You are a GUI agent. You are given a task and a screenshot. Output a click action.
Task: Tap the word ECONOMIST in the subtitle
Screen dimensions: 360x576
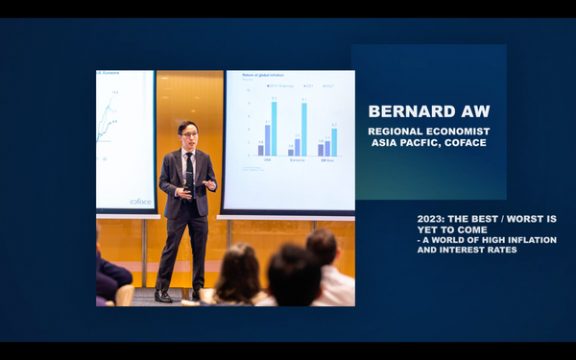(459, 131)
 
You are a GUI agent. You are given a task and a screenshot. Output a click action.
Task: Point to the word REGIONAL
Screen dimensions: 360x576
(396, 131)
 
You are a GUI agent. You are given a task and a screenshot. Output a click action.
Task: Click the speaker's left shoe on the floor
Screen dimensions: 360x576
(164, 297)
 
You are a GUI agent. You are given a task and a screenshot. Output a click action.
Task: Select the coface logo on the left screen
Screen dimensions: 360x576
(140, 202)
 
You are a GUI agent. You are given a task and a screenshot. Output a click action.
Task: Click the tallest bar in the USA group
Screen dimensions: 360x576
(274, 128)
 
